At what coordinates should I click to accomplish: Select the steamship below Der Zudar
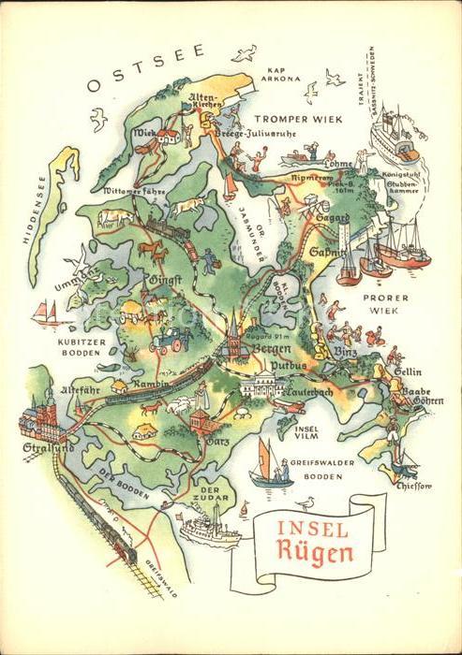pyautogui.click(x=208, y=528)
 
